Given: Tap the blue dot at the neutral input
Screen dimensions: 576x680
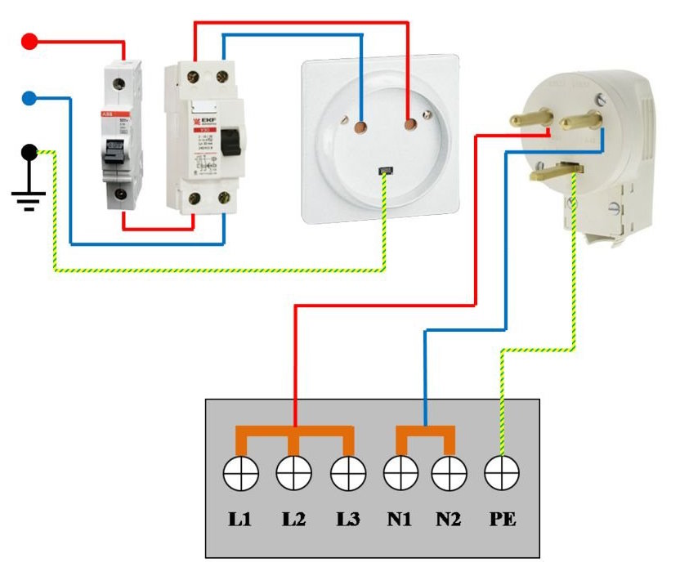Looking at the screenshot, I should coord(29,99).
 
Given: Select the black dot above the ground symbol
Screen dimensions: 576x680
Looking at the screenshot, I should coord(29,152).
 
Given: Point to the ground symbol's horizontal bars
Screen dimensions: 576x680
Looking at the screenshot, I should coord(29,199).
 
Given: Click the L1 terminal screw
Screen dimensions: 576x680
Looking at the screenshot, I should coord(243,471).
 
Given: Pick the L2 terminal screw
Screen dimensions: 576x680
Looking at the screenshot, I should coord(294,471).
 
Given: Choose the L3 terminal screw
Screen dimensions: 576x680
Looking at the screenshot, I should coord(348,471).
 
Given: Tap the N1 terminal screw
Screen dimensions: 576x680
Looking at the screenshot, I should coord(400,471).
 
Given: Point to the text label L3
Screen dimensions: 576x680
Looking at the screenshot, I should coord(348,518).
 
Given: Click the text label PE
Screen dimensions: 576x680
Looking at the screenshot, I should coord(502,518).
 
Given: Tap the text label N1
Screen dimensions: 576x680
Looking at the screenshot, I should coord(400,518).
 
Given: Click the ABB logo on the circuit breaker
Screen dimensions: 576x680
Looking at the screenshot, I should coord(106,113).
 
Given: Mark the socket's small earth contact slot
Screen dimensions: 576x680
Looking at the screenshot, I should coord(385,171).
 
